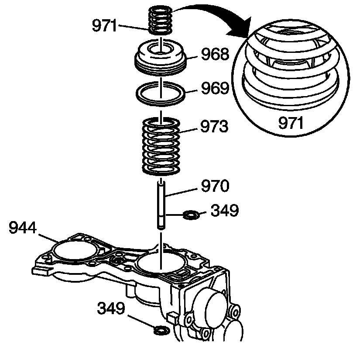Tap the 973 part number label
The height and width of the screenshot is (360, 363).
click(x=214, y=127)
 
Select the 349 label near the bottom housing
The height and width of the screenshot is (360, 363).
click(x=111, y=310)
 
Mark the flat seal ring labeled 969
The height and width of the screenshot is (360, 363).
click(x=161, y=93)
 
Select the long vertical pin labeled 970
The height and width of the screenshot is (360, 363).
click(x=161, y=205)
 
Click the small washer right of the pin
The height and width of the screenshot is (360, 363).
click(x=191, y=215)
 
